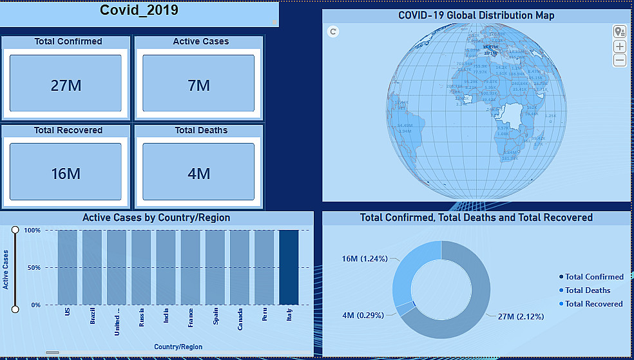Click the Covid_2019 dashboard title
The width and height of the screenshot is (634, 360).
139,10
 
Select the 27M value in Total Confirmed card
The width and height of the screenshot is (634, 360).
66,85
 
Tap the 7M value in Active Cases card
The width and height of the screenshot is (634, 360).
199,85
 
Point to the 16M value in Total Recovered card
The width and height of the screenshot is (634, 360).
66,173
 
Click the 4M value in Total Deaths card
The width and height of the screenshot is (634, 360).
199,173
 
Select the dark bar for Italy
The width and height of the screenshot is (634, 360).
289,267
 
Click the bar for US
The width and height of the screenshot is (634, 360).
67,267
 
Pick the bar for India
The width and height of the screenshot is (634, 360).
166,267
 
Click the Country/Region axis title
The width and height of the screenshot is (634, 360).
178,347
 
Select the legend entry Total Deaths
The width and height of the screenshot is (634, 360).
588,290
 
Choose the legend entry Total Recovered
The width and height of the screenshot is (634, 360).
593,304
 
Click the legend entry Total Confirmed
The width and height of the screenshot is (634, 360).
594,277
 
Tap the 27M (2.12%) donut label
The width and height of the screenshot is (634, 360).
521,316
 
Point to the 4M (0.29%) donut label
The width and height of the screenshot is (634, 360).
363,316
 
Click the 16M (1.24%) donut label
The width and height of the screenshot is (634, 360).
363,259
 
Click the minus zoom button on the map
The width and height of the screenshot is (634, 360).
620,61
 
